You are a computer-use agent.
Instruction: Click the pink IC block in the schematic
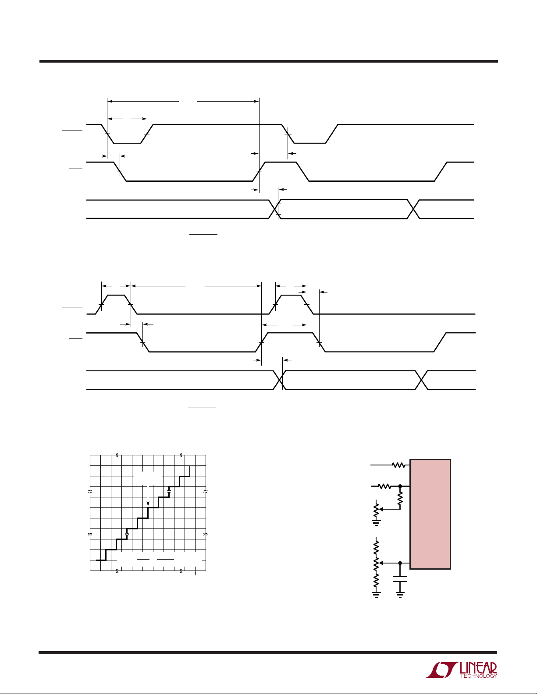(430, 514)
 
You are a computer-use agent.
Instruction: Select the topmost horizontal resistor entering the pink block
(398, 465)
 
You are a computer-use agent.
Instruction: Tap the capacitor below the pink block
(400, 579)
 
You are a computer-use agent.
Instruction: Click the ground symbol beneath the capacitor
(400, 594)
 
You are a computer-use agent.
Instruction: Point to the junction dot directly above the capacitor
(400, 563)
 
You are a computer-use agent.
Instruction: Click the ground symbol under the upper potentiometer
(376, 523)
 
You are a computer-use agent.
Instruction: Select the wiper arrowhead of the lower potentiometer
(380, 563)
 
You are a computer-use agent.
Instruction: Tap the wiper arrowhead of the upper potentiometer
(380, 509)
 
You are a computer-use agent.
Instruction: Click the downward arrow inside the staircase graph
(148, 496)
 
